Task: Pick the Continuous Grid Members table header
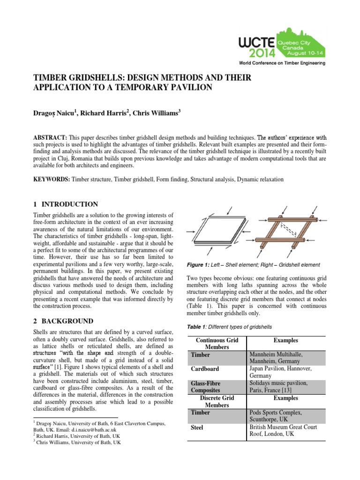coord(217,344)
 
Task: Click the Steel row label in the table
coord(197,428)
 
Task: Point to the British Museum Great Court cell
coord(283,431)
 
